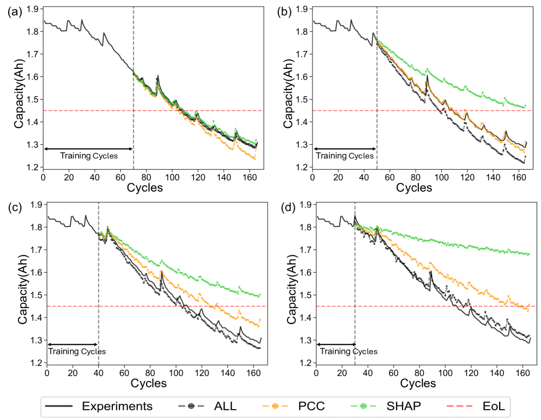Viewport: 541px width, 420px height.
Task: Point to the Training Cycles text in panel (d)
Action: pos(348,352)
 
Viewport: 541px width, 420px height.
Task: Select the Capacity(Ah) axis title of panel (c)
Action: pos(23,283)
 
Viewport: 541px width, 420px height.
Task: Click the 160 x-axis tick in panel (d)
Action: pos(523,373)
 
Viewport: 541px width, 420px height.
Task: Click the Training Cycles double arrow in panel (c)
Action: pos(73,344)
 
